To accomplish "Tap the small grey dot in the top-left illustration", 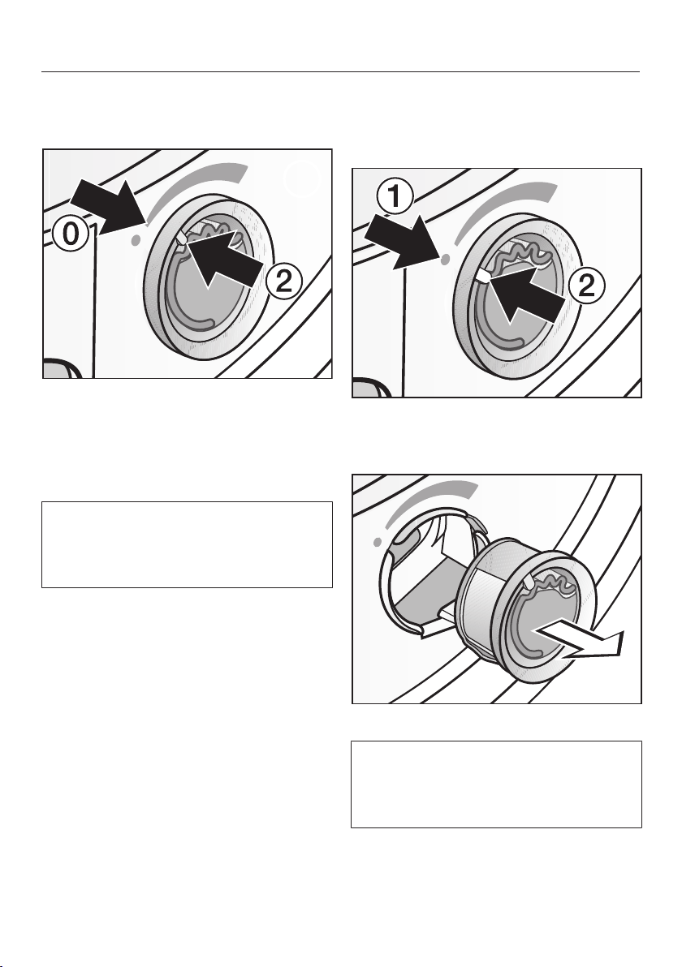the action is click(135, 239).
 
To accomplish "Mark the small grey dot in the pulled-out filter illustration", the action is click(376, 540).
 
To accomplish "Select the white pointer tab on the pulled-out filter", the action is click(529, 581).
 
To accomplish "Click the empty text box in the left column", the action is click(187, 544).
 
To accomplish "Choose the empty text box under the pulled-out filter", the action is click(496, 783).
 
